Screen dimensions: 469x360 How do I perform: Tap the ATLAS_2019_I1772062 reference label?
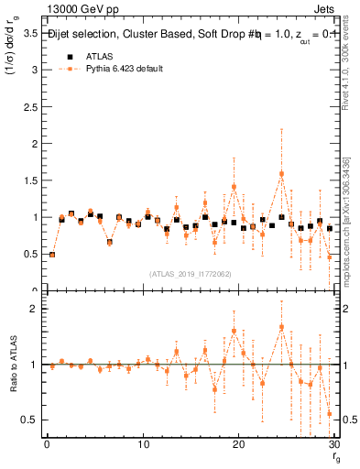(x=190, y=274)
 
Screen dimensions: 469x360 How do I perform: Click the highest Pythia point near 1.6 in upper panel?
(x=281, y=173)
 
